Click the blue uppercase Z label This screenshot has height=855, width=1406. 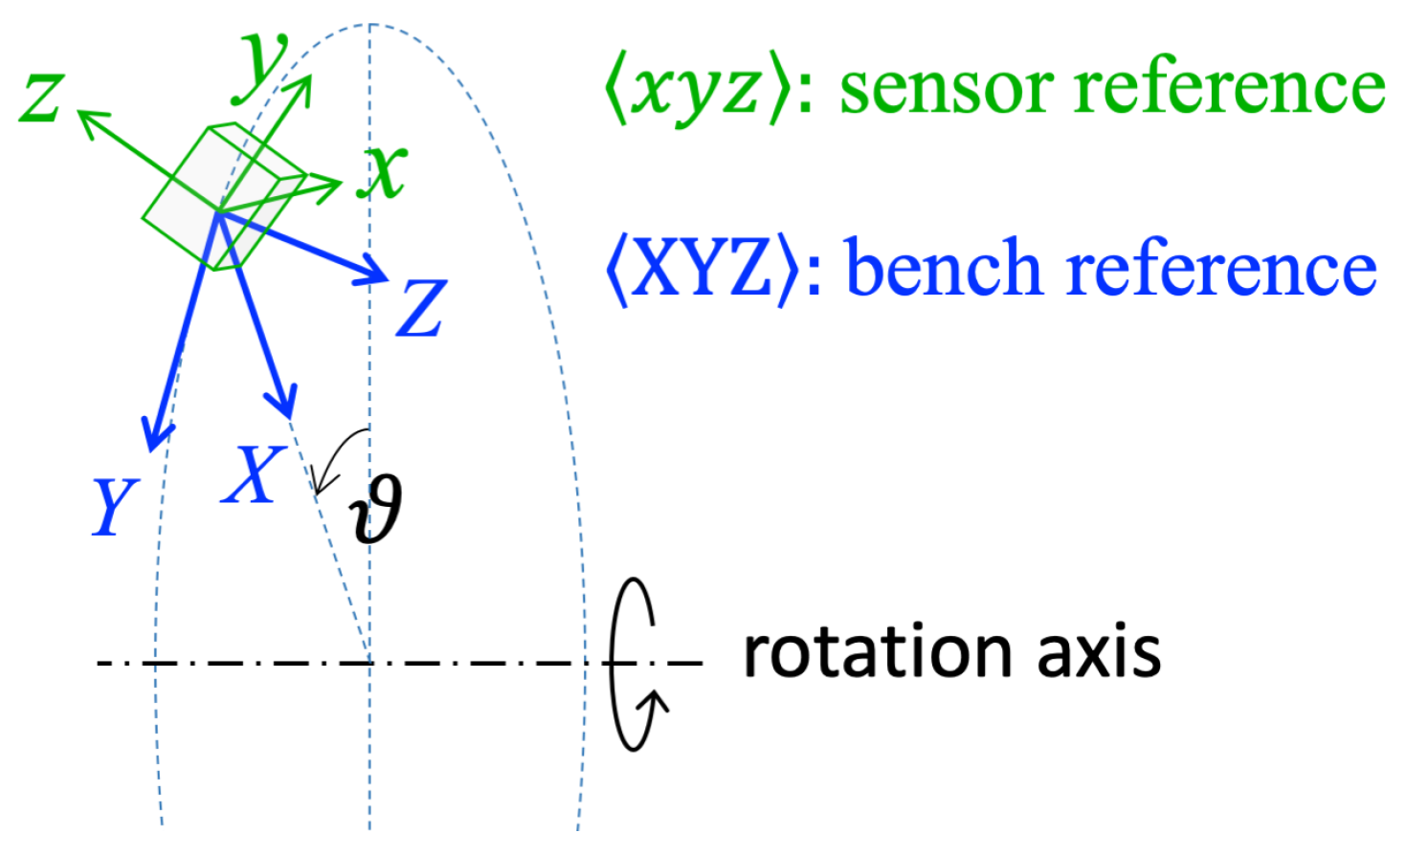pyautogui.click(x=421, y=308)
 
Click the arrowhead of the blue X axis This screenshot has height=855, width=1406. pyautogui.click(x=284, y=404)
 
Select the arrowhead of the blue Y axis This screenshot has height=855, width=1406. pyautogui.click(x=153, y=435)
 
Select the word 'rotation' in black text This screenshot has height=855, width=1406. pyautogui.click(x=877, y=652)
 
